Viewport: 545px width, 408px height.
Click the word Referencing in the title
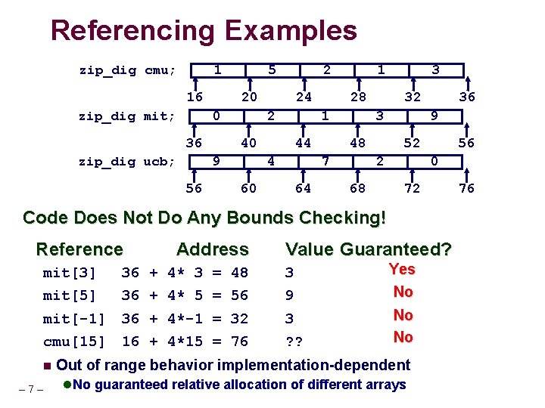coord(133,31)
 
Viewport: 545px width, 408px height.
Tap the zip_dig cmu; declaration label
coord(127,71)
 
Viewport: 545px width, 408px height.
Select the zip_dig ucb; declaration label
coord(127,162)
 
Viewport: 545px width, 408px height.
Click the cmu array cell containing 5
coord(272,70)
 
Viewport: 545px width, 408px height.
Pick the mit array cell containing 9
coord(434,116)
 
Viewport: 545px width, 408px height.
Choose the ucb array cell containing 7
coord(325,161)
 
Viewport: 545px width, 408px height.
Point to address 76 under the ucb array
coord(467,188)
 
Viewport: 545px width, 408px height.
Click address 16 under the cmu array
coord(195,97)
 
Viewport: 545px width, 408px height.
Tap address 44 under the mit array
coord(303,143)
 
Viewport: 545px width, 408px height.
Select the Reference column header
coord(79,249)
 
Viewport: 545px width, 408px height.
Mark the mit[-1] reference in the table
coord(74,319)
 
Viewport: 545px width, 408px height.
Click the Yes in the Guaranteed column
coord(402,269)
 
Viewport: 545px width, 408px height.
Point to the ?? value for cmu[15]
coord(294,342)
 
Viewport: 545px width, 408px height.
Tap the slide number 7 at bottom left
coord(30,389)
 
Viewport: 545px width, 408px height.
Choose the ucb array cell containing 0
coord(434,161)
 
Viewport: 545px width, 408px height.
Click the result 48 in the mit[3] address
coord(241,272)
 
